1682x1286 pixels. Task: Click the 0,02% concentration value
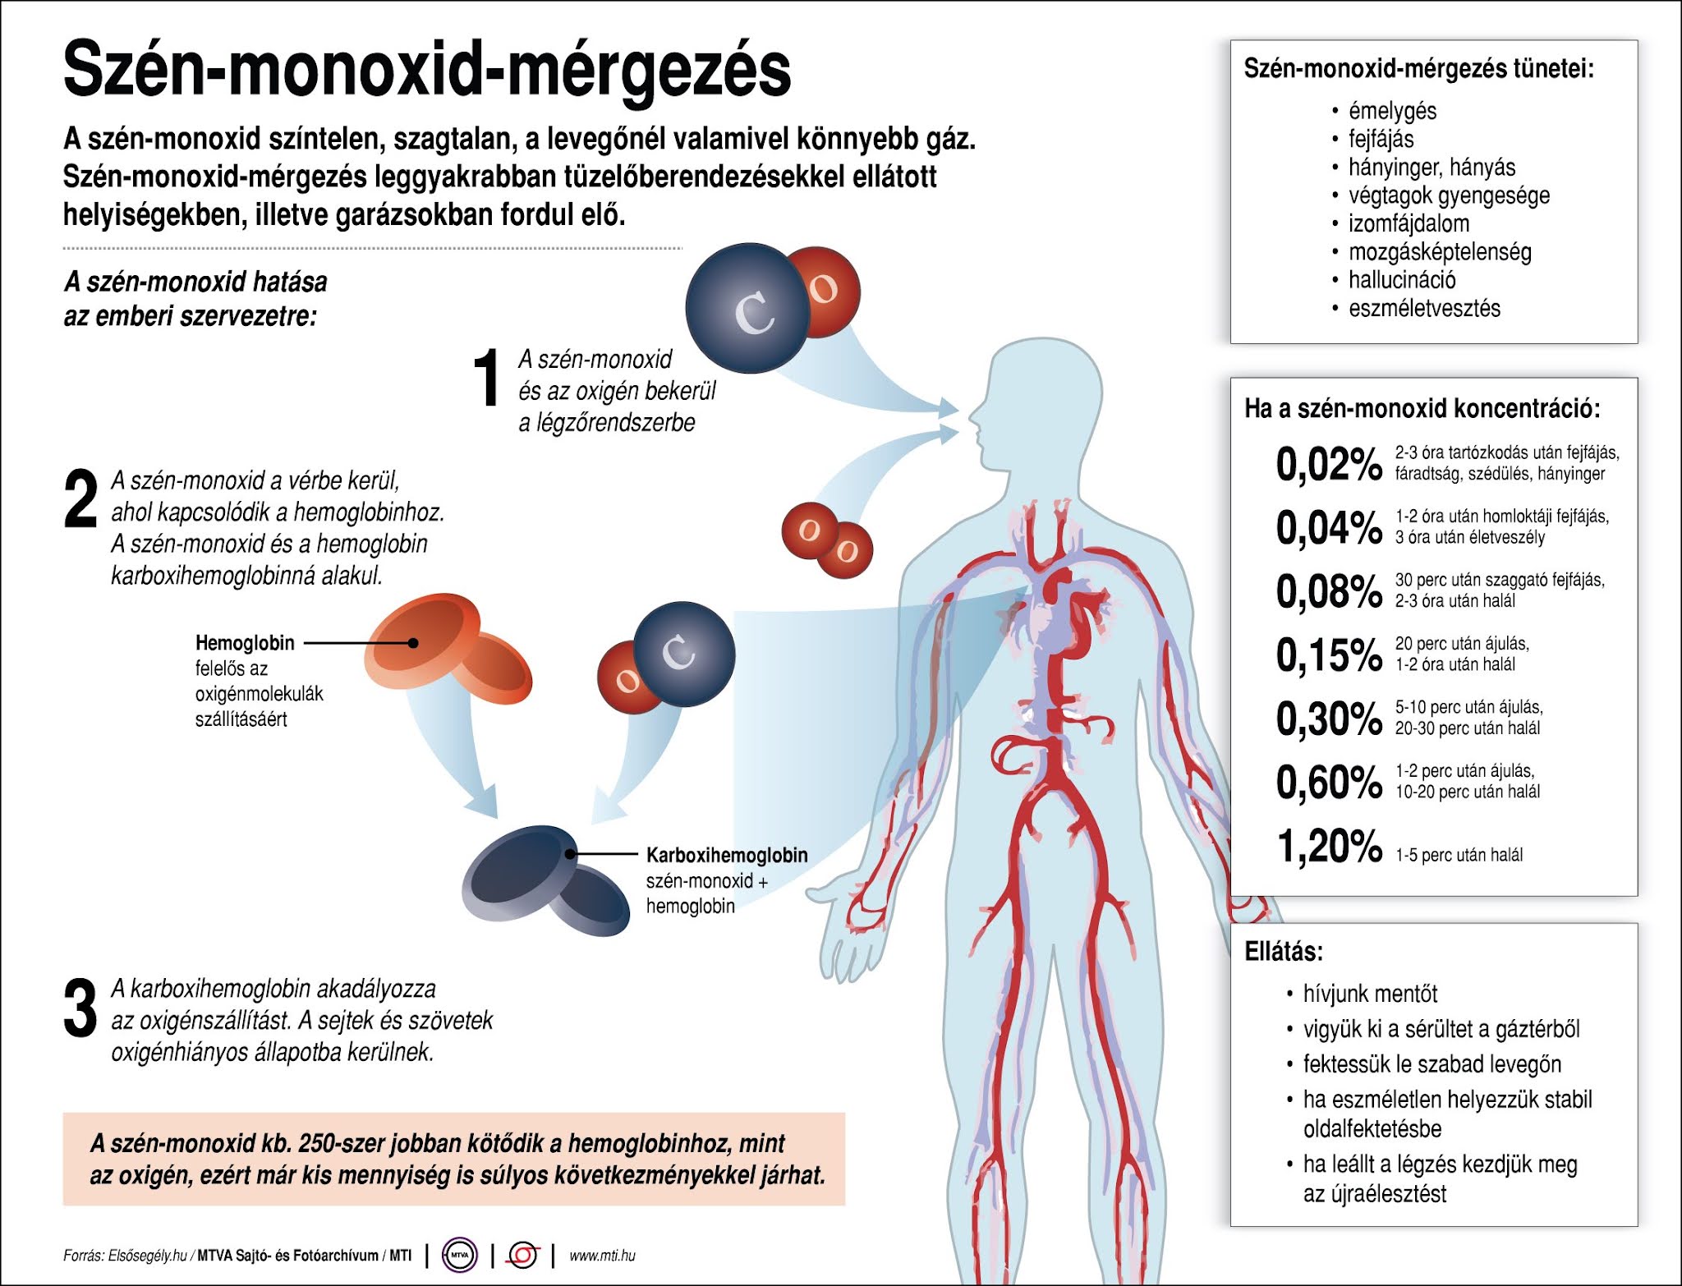1328,464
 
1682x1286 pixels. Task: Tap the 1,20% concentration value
1328,846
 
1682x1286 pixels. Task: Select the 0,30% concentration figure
1328,719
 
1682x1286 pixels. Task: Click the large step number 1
487,378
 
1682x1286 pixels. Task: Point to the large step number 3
80,1009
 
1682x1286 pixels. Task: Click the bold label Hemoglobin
245,643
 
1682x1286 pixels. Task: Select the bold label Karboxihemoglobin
727,855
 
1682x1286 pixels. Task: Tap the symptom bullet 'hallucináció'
1402,280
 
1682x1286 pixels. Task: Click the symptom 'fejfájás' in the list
1381,139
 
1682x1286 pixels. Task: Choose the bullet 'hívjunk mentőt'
1370,994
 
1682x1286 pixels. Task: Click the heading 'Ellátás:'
1284,952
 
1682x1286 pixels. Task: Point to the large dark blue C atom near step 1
747,308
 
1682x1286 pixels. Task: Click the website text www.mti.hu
602,1256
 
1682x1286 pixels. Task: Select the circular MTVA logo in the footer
458,1256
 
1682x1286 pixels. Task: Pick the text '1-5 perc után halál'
1459,855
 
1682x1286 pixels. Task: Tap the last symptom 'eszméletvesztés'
1424,309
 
